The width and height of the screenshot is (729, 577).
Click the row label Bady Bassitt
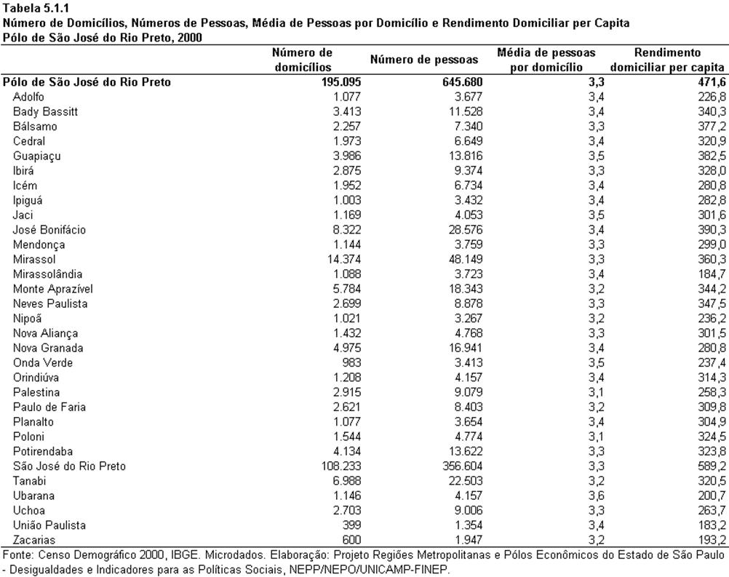[45, 111]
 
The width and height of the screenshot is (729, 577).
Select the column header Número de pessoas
[424, 60]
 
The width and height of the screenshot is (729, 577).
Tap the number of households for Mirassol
[344, 259]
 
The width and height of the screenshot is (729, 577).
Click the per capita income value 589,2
[712, 466]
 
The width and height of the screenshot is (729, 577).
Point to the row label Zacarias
[34, 540]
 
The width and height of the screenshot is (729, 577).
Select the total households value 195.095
[341, 81]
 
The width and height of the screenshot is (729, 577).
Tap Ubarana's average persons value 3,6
[596, 496]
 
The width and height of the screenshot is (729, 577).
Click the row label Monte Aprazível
[53, 289]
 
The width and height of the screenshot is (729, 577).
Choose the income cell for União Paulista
[712, 525]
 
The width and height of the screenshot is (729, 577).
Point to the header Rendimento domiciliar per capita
[667, 60]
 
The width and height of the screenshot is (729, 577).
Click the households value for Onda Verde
[351, 362]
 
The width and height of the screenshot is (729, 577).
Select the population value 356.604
[463, 466]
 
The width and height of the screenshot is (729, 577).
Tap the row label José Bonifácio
[49, 230]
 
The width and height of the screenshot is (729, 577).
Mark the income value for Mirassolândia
[712, 274]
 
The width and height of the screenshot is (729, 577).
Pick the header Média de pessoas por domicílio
[546, 60]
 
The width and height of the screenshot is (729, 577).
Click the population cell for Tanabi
[466, 481]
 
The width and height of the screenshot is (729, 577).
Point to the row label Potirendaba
[43, 451]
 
